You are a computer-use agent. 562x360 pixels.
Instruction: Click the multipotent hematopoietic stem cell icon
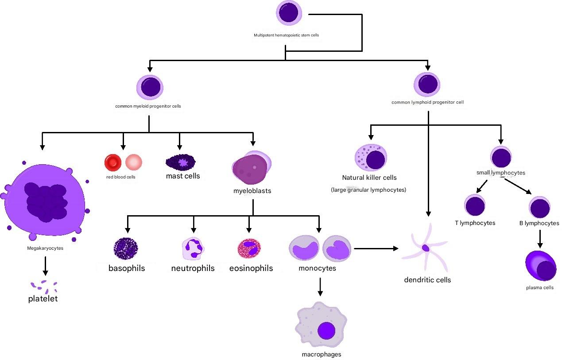click(289, 13)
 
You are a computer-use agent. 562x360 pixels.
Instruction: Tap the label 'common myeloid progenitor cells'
click(148, 106)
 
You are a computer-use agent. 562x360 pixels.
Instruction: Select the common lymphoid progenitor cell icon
click(426, 84)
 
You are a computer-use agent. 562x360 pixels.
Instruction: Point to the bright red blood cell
click(112, 163)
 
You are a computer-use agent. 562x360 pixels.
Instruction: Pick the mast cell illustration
click(181, 163)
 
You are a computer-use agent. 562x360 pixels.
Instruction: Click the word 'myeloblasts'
click(252, 191)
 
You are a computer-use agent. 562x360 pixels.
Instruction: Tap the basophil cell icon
click(126, 248)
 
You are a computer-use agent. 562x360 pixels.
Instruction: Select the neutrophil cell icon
click(193, 248)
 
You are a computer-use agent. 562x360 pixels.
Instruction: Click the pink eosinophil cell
click(249, 248)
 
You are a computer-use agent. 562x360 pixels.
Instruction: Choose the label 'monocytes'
click(317, 268)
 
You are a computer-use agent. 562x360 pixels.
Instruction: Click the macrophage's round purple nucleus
click(326, 331)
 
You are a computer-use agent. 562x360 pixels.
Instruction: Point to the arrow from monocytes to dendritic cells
click(376, 248)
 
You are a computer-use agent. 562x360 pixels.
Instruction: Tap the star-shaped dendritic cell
click(425, 248)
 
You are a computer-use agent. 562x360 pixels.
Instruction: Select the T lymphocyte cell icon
click(475, 206)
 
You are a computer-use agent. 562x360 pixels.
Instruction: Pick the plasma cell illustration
click(540, 266)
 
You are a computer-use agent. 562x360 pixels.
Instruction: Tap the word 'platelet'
click(43, 299)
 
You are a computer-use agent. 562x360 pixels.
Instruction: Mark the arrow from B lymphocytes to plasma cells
click(539, 238)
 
